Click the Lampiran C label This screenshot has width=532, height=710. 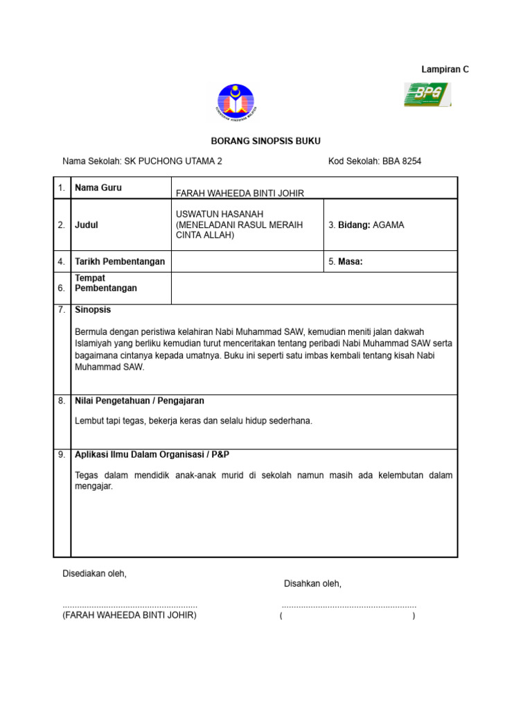pyautogui.click(x=445, y=69)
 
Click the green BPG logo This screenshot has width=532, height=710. pyautogui.click(x=427, y=94)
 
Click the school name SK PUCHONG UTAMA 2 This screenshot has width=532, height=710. pyautogui.click(x=173, y=162)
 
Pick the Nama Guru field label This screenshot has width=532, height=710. pyautogui.click(x=98, y=188)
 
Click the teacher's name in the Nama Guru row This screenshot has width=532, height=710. pyautogui.click(x=240, y=193)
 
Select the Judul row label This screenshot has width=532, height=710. pyautogui.click(x=87, y=225)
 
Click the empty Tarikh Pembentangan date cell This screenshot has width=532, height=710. pyautogui.click(x=247, y=261)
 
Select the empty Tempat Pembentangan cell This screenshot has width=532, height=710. pyautogui.click(x=314, y=288)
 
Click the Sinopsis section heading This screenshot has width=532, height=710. pyautogui.click(x=93, y=310)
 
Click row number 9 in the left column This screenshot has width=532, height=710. pyautogui.click(x=62, y=455)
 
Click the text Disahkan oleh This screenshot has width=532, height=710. pyautogui.click(x=312, y=584)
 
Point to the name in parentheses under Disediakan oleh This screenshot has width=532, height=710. pyautogui.click(x=130, y=615)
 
